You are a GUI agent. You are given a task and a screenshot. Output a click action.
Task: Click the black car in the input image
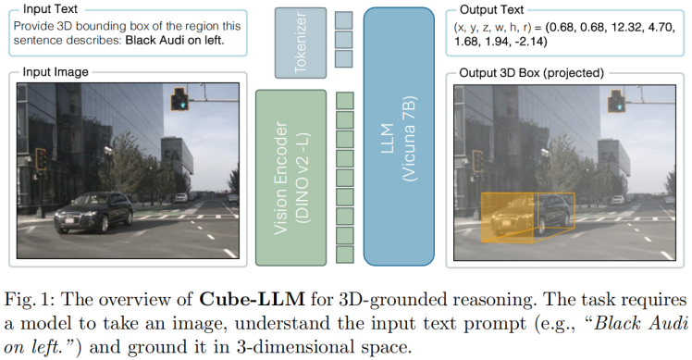(95, 211)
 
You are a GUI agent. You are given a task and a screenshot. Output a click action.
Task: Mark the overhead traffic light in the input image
(180, 100)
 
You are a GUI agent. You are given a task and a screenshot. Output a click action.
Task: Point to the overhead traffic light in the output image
(614, 100)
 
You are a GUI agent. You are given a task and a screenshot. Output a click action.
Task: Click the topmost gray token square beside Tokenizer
(344, 19)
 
